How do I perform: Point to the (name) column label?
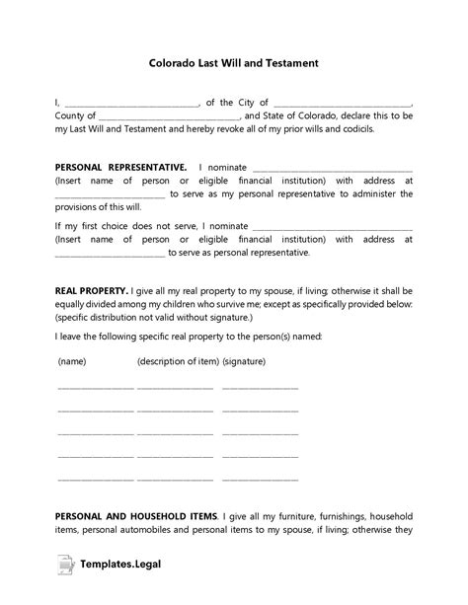pos(72,362)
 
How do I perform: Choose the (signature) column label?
pos(245,362)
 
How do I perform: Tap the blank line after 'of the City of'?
pos(342,103)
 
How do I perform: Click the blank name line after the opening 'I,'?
pos(131,103)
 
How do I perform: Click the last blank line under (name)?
pos(95,480)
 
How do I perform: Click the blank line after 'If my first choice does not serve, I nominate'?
pos(332,227)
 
